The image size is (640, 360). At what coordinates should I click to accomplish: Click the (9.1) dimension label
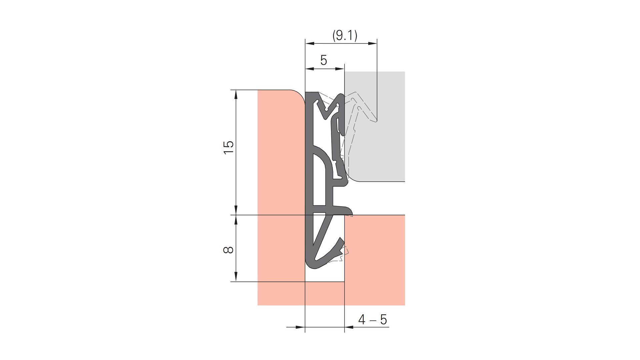tap(345, 35)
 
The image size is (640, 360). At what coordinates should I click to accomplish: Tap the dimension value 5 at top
tap(324, 60)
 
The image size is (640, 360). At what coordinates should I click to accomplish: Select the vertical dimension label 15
tap(229, 147)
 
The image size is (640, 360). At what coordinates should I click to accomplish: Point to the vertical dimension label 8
tap(228, 250)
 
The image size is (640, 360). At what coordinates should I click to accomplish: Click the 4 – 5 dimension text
tap(373, 320)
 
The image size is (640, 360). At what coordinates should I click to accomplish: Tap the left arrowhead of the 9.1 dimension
tap(310, 43)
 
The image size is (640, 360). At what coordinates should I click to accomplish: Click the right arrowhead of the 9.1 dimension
tap(372, 43)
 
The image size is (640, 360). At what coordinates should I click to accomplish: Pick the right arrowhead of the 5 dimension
tap(340, 69)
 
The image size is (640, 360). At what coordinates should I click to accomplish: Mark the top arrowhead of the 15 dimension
tap(236, 95)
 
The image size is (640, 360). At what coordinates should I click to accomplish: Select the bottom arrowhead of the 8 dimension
tap(236, 277)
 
